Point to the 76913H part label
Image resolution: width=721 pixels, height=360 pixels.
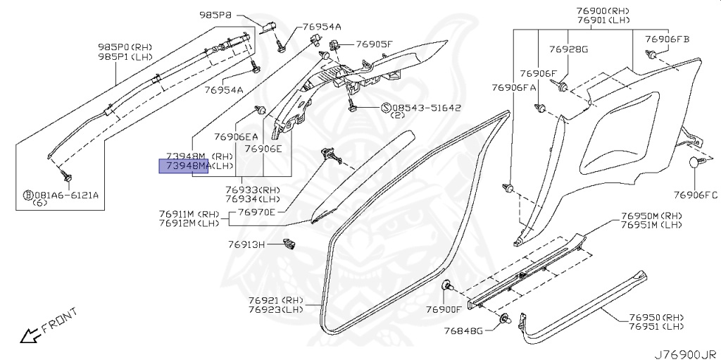246,244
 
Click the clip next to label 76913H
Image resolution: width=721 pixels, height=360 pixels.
288,244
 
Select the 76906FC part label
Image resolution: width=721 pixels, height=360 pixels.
695,194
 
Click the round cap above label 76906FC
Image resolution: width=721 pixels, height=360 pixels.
697,163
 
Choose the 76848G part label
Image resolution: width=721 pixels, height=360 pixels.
463,330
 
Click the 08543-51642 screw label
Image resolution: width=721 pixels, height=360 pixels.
421,108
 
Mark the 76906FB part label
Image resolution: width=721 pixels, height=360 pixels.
668,39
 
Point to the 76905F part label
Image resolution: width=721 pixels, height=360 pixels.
374,44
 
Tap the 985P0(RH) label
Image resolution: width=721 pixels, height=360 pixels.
124,46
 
